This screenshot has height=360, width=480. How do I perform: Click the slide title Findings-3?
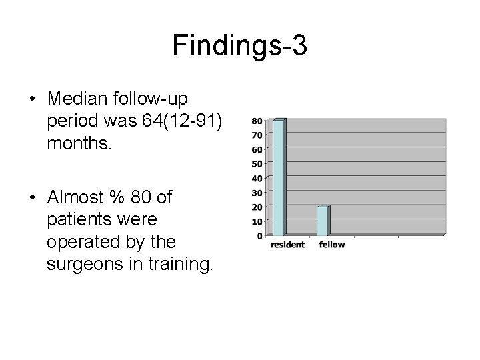tap(239, 46)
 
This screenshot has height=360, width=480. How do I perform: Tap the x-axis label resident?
tap(287, 245)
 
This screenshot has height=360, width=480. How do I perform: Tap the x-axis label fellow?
tap(332, 245)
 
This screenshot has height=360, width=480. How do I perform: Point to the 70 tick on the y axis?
tap(257, 136)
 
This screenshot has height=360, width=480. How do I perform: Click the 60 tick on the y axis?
tap(257, 150)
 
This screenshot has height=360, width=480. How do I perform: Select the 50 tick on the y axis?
tap(257, 164)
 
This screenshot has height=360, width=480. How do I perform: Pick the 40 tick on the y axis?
tap(257, 179)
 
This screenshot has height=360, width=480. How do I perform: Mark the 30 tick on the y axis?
tap(257, 193)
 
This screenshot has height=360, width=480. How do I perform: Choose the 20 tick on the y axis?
tap(257, 207)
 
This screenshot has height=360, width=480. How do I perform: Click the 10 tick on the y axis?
tap(257, 221)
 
